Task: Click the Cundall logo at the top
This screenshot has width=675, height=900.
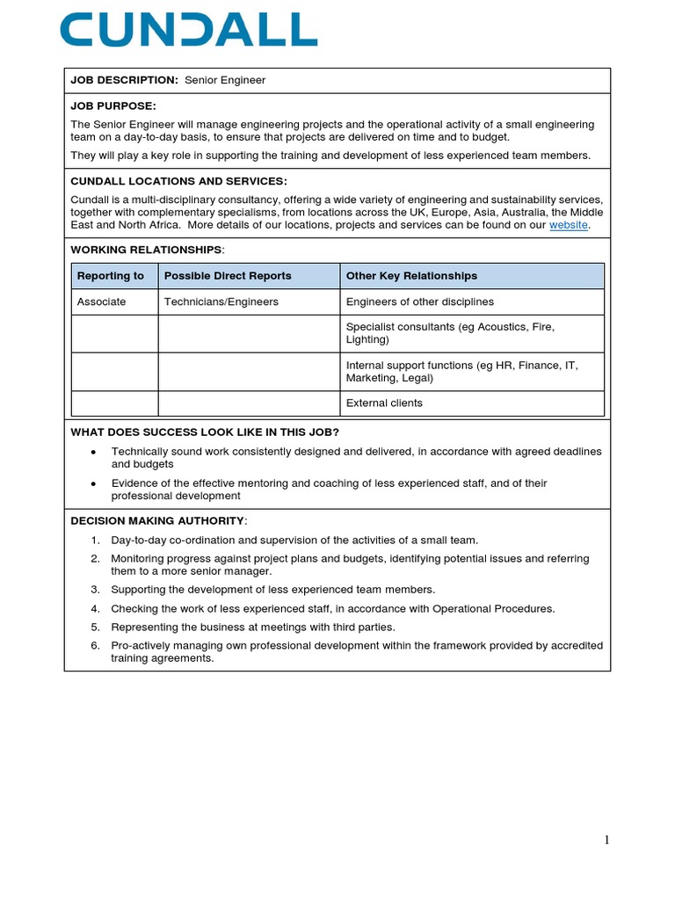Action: click(188, 30)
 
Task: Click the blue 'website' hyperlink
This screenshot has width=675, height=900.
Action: click(569, 225)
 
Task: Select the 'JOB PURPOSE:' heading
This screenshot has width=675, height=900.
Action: click(113, 105)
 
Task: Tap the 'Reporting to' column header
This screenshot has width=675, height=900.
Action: click(111, 276)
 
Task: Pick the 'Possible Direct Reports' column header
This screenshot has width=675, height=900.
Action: click(228, 276)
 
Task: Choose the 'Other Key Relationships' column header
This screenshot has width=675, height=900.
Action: click(411, 276)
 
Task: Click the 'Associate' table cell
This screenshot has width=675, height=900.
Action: click(101, 301)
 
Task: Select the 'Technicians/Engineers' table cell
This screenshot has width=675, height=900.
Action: click(221, 301)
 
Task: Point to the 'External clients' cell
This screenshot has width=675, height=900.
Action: click(384, 403)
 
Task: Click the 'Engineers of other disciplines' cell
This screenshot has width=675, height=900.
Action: click(420, 301)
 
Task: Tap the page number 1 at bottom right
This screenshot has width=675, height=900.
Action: click(606, 839)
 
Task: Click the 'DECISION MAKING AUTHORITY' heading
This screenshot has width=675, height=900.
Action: click(157, 520)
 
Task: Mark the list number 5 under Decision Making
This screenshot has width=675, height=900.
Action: click(95, 628)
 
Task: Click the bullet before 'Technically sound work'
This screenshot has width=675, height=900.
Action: click(94, 452)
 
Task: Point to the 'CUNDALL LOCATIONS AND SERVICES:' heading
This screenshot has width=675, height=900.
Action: click(178, 181)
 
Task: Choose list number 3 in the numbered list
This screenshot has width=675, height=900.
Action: click(95, 590)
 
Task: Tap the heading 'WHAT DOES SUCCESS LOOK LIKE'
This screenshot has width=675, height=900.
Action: click(204, 432)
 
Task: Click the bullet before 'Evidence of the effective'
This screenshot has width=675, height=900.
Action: click(94, 483)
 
